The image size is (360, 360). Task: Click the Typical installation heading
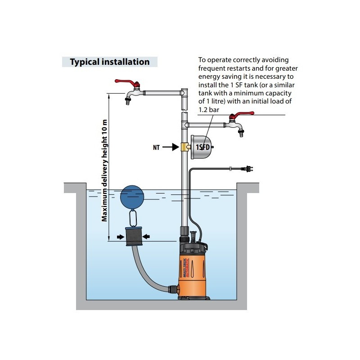pyautogui.click(x=109, y=62)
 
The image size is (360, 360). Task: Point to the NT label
pyautogui.click(x=156, y=147)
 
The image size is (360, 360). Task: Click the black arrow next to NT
pyautogui.click(x=171, y=147)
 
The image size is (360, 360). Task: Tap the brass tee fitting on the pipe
pyautogui.click(x=185, y=147)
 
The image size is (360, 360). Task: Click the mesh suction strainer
pyautogui.click(x=133, y=236)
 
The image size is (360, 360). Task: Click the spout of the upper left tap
pyautogui.click(x=127, y=100)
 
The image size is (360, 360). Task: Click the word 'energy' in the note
pyautogui.click(x=209, y=76)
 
